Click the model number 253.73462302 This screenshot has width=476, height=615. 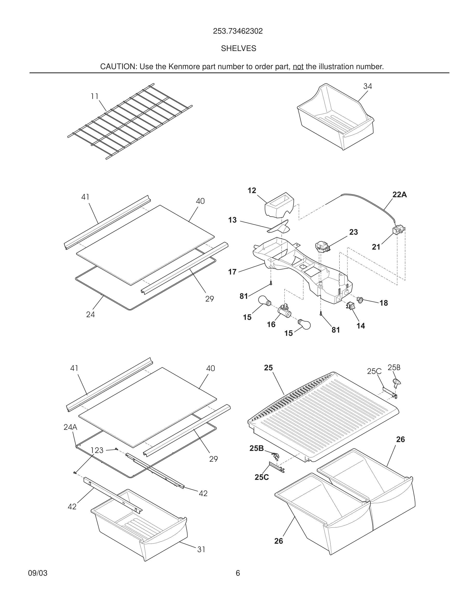[x=238, y=31]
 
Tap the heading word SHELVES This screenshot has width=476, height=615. [x=238, y=49]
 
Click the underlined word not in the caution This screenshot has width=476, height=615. [x=298, y=67]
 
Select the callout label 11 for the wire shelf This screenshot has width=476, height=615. [x=94, y=96]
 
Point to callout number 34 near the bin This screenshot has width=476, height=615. [x=367, y=86]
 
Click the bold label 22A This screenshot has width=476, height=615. [x=400, y=195]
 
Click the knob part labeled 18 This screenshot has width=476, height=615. [x=360, y=300]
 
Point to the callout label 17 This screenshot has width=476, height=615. [x=232, y=272]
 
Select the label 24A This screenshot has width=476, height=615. [x=70, y=427]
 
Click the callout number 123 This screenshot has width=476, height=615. [x=97, y=450]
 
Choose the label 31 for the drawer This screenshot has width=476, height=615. [x=201, y=550]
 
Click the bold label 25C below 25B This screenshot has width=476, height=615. [x=261, y=477]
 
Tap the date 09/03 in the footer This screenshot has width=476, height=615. [x=38, y=573]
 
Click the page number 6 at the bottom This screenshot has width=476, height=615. [x=238, y=573]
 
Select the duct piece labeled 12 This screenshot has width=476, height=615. [x=279, y=205]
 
